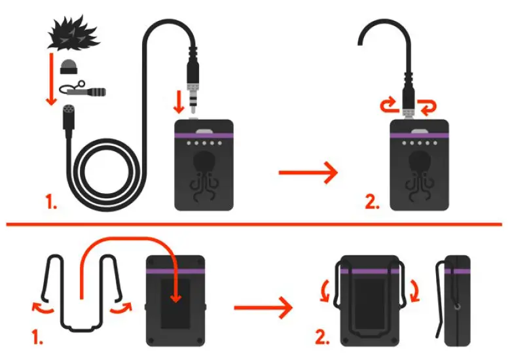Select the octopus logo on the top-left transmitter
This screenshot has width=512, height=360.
point(203,171)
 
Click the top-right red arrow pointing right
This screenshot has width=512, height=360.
point(308,173)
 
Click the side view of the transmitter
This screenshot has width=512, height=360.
point(456,301)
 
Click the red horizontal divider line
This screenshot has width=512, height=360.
point(255,225)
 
